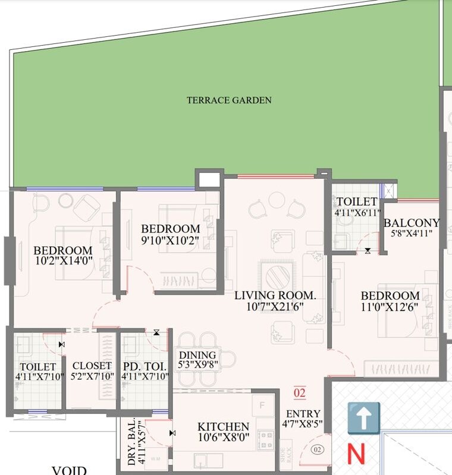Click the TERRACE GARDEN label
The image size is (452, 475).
click(229, 100)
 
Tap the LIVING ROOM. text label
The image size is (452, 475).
click(275, 295)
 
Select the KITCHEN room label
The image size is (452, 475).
click(223, 427)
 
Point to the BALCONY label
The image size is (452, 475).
click(412, 223)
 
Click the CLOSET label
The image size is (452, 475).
click(92, 366)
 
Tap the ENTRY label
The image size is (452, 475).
click(303, 414)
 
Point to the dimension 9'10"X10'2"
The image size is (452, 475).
click(169, 240)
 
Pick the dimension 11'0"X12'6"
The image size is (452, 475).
click(390, 307)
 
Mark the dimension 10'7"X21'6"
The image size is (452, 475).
click(274, 307)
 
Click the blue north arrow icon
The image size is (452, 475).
click(363, 418)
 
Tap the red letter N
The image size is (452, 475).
click(356, 454)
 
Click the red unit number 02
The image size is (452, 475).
click(299, 393)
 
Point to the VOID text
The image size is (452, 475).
click(69, 470)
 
